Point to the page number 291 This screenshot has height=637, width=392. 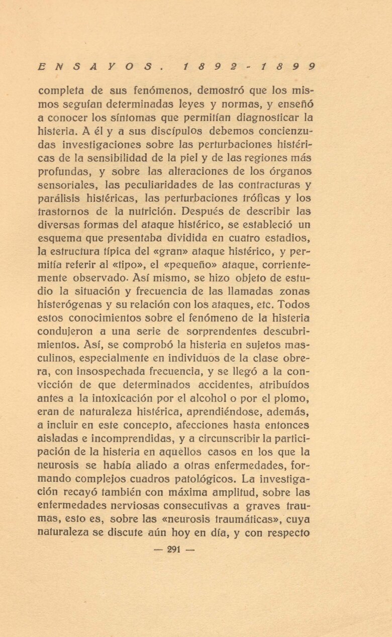(173, 549)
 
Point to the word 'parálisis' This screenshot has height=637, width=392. (60, 198)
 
